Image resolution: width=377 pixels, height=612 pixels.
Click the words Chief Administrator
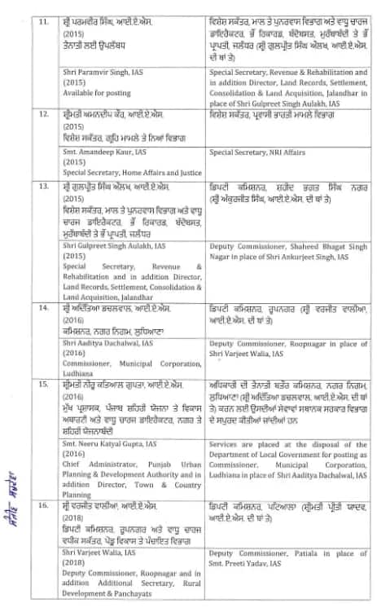90,461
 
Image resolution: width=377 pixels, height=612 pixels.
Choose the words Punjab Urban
164,461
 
